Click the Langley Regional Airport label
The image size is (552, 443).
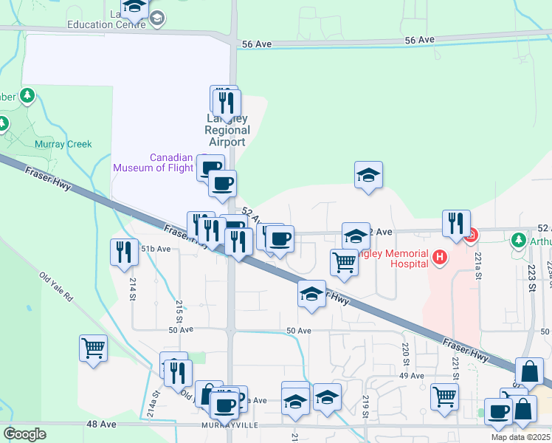pyautogui.click(x=227, y=131)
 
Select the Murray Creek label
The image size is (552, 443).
pyautogui.click(x=63, y=145)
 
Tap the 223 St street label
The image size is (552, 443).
pyautogui.click(x=530, y=285)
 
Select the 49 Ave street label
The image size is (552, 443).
pyautogui.click(x=412, y=376)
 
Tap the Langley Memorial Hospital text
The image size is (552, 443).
pyautogui.click(x=402, y=258)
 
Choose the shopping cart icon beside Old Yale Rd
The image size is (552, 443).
pyautogui.click(x=94, y=348)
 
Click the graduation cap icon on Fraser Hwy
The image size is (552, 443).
pyautogui.click(x=312, y=293)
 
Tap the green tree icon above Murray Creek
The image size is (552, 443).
pyautogui.click(x=27, y=95)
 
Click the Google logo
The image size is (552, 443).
pyautogui.click(x=24, y=434)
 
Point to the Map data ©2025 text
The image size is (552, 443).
pyautogui.click(x=521, y=437)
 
